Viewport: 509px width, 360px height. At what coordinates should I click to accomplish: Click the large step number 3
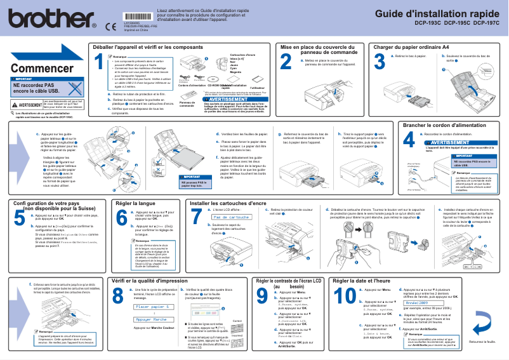(x=380, y=62)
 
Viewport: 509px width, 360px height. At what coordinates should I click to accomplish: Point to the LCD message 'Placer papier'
(x=155, y=289)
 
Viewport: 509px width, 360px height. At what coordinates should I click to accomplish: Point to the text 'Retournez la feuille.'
(x=482, y=342)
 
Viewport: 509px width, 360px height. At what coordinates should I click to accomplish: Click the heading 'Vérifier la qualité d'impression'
(x=149, y=262)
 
